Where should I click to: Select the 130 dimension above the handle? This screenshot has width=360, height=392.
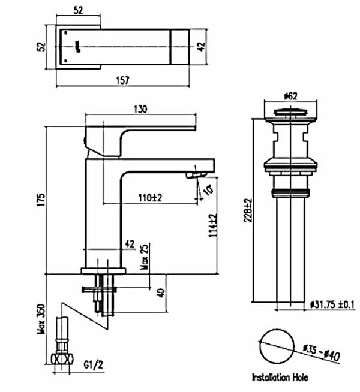pos(142,109)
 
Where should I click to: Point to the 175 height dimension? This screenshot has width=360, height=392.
pos(40,198)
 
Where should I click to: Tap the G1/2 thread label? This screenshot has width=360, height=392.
pos(92,364)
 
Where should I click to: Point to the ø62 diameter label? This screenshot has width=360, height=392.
pos(290,95)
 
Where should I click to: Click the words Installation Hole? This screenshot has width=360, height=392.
pos(281,378)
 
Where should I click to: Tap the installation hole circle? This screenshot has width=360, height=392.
pos(277,346)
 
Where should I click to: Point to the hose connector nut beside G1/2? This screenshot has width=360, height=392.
pos(62,360)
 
